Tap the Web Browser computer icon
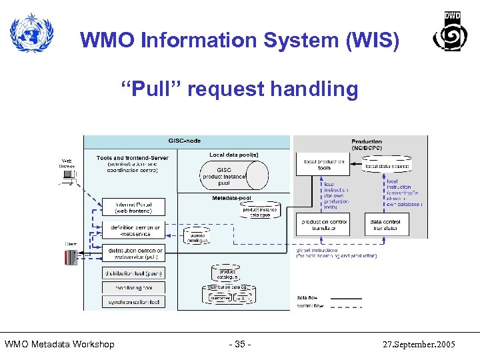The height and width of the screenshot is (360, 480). click(x=67, y=175)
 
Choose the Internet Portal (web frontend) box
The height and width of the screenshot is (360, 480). click(x=133, y=207)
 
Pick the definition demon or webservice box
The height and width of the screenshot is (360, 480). click(x=133, y=230)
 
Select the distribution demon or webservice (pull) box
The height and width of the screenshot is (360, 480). click(x=133, y=253)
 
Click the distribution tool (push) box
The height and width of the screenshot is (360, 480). click(x=133, y=273)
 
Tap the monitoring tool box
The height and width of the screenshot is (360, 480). click(x=133, y=287)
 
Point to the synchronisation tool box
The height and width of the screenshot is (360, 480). click(x=133, y=302)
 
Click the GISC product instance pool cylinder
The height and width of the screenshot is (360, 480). click(x=233, y=175)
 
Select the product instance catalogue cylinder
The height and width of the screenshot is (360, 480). click(x=261, y=210)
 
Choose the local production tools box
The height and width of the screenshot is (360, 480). click(x=324, y=164)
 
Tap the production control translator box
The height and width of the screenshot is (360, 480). click(x=325, y=225)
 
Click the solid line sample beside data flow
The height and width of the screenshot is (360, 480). click(x=346, y=298)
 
